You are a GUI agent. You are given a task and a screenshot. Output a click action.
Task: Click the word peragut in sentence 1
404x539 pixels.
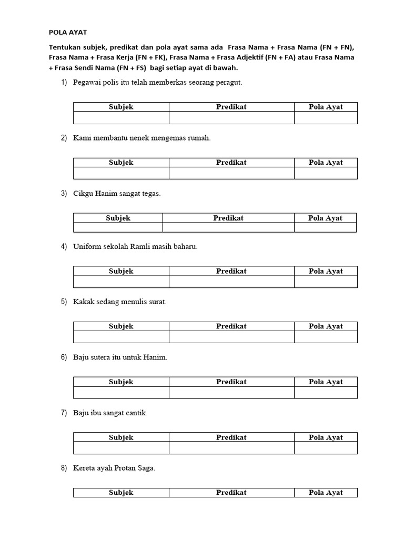coord(228,83)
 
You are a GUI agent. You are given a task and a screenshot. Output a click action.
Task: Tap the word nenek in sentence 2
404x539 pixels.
coord(135,138)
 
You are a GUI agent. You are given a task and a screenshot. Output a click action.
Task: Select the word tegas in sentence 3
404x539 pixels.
coord(151,194)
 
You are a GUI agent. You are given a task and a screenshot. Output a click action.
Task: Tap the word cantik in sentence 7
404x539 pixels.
coord(136,413)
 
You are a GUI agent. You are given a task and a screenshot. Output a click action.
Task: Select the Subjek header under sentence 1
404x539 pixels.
coord(121,107)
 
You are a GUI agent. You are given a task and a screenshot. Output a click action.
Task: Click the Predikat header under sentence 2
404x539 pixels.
coord(231,163)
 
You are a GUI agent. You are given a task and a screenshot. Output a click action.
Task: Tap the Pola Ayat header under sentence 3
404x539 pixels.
coord(325,218)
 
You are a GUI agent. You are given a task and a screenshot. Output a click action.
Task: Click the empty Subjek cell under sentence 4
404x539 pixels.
coord(121,282)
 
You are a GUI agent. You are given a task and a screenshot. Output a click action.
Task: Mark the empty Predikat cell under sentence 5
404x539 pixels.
coord(231,337)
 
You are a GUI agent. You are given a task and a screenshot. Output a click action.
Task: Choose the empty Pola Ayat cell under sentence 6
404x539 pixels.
coord(326,393)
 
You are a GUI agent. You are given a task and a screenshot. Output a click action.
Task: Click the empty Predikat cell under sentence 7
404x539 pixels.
coord(231,448)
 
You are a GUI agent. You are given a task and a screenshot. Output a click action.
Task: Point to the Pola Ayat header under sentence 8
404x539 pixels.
coord(326,493)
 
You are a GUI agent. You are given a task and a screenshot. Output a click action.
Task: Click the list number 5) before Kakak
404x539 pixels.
coord(64,302)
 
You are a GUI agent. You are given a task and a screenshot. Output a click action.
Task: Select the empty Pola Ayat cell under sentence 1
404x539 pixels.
coord(326,118)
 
